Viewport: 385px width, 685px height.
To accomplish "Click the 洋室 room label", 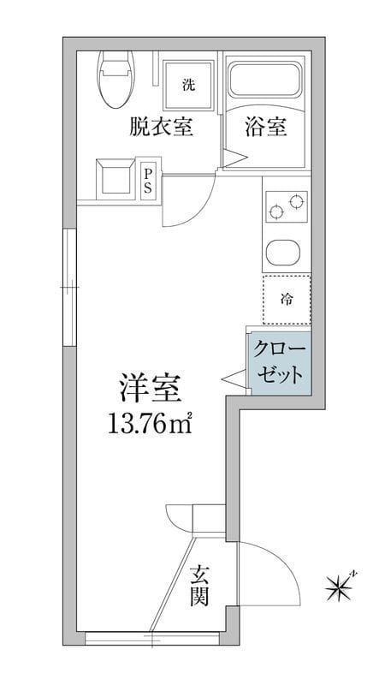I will click(x=149, y=390).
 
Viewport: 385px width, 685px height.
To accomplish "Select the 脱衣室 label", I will click(x=161, y=128).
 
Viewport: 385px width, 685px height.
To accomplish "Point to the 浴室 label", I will click(x=266, y=128).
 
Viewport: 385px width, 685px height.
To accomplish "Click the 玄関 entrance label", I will click(x=200, y=585).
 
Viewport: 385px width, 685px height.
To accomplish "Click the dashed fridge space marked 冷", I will click(x=286, y=300).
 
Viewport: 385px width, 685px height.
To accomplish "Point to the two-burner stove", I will click(x=287, y=206).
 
